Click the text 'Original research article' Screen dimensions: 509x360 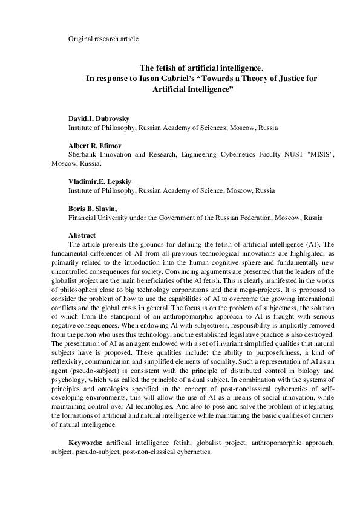[x=103, y=39]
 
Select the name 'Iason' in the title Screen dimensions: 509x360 [x=154, y=79]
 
